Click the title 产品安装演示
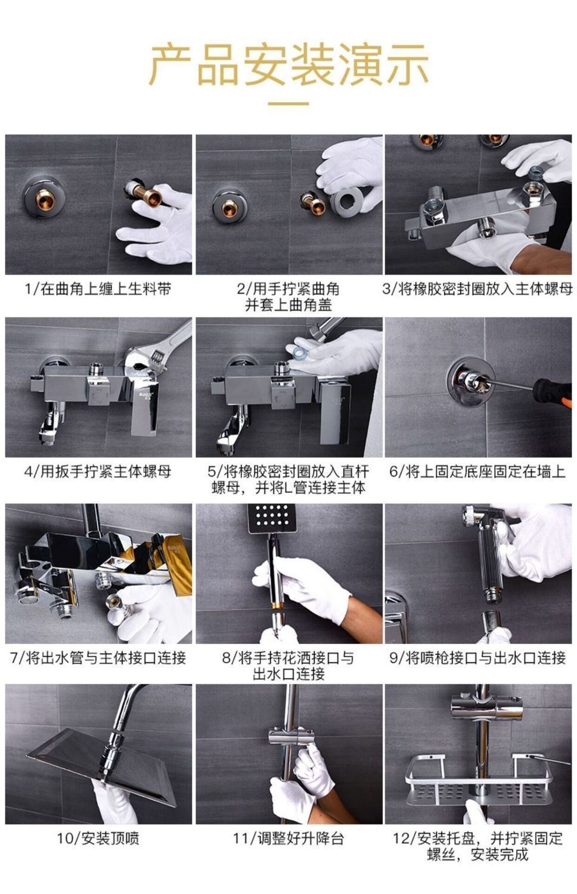coord(288,64)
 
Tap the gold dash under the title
coord(288,104)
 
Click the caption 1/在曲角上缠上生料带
coord(98,289)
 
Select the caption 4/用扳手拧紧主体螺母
coord(98,472)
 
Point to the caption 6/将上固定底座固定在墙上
coord(477,472)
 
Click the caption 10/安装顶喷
coord(98,839)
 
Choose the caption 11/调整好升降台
coord(288,839)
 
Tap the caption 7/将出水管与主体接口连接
coord(98,658)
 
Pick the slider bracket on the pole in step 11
coord(291,737)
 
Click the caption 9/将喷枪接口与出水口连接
coord(477,658)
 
